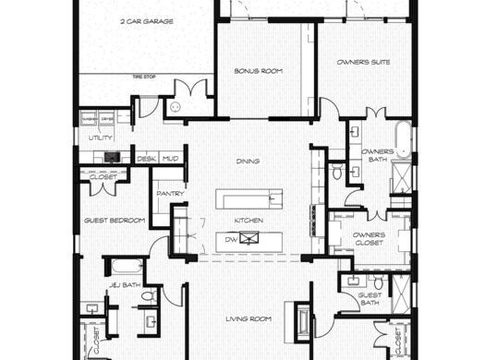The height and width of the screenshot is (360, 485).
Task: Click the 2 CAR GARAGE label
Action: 147,19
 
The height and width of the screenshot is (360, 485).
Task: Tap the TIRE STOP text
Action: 142,78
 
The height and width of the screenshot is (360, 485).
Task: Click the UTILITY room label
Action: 101,138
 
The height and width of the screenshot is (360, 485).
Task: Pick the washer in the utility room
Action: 91,120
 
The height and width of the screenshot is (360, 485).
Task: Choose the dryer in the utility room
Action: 107,120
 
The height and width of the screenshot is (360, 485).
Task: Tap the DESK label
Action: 146,159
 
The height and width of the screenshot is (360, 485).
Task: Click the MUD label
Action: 170,159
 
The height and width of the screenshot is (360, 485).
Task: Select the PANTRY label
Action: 170,194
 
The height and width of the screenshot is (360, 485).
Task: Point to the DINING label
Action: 247,161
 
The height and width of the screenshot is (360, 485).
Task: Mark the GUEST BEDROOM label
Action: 115,221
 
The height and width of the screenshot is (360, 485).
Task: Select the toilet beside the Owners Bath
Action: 338,172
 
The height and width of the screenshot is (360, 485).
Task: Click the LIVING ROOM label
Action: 249,319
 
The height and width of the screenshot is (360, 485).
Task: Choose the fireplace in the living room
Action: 304,324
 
